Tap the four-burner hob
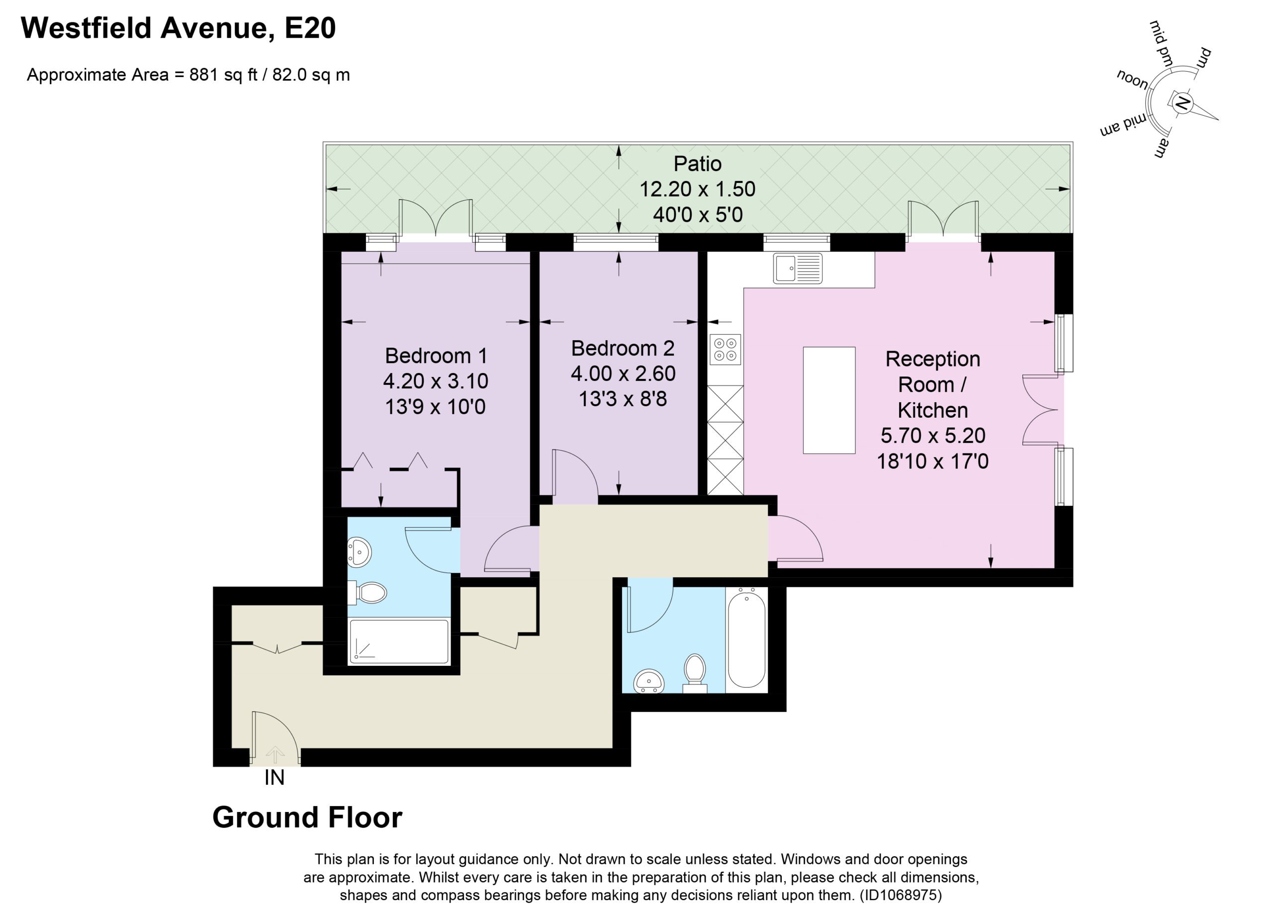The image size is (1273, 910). pyautogui.click(x=725, y=349)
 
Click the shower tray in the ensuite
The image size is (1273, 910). pyautogui.click(x=399, y=641)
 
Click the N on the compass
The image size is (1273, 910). pyautogui.click(x=1181, y=103)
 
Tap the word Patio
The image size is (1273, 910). pyautogui.click(x=697, y=164)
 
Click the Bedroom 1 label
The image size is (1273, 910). pyautogui.click(x=436, y=356)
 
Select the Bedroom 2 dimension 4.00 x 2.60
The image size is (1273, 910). pyautogui.click(x=623, y=373)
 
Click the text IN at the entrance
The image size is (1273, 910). pyautogui.click(x=274, y=778)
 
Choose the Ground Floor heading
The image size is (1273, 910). pyautogui.click(x=307, y=818)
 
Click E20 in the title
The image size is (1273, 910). pyautogui.click(x=310, y=28)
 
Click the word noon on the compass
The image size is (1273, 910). pyautogui.click(x=1132, y=80)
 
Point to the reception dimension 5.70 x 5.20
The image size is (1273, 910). pyautogui.click(x=933, y=436)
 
